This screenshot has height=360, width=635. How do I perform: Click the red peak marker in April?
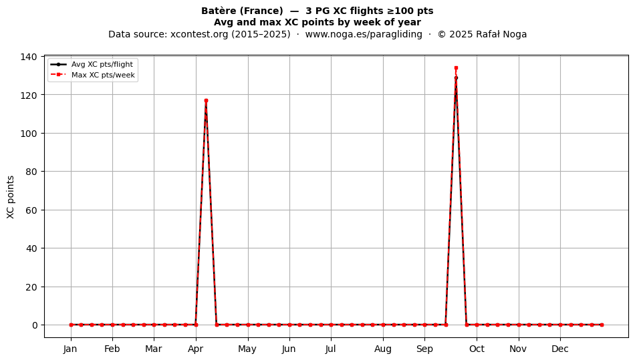206,100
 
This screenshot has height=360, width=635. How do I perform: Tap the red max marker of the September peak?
456,68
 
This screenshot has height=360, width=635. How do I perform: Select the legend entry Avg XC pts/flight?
102,64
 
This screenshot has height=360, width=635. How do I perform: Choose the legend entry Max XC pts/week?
103,75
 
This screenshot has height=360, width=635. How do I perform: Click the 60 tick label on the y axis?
31,210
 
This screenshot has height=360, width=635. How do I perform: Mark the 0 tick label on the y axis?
34,325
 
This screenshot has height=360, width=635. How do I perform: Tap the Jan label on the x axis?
70,349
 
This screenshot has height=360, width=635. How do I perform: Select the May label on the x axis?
247,349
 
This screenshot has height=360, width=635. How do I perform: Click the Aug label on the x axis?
383,349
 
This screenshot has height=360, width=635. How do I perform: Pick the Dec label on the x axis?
560,349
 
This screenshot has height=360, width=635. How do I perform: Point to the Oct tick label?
477,349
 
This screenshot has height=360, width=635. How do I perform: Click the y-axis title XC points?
11,197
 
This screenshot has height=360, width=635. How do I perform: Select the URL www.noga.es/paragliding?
363,34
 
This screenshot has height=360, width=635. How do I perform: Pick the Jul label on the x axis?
330,349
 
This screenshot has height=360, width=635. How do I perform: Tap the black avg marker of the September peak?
456,77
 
